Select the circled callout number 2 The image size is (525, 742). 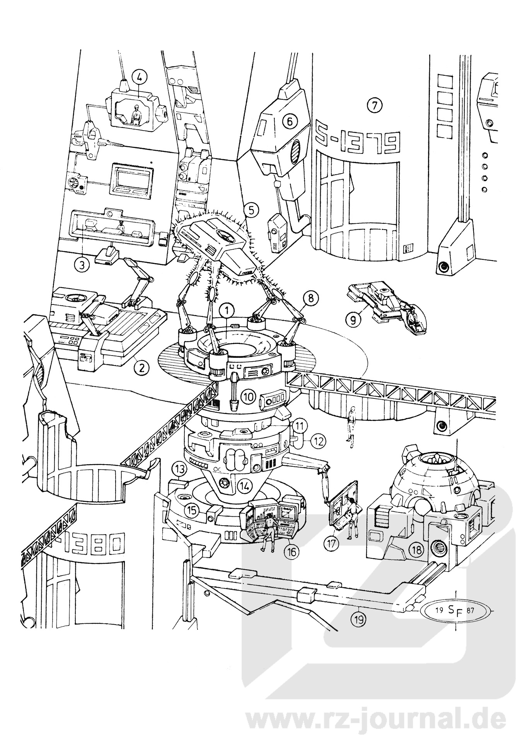[141, 368]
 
